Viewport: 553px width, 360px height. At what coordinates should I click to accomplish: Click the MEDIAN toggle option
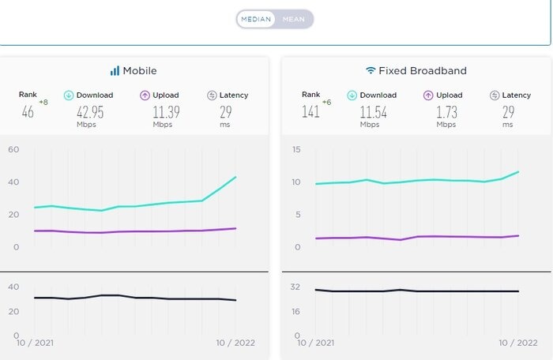coord(256,19)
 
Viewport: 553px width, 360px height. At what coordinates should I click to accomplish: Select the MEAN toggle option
coord(295,19)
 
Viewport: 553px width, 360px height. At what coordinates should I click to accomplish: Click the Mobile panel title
coord(139,70)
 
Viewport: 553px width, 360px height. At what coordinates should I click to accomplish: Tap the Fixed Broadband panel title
coord(422,70)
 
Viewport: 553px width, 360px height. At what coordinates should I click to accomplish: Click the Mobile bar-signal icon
coord(115,70)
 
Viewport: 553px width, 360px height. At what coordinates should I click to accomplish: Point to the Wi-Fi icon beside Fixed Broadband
coord(370,70)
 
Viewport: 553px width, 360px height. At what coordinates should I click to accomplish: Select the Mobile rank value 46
coord(28,111)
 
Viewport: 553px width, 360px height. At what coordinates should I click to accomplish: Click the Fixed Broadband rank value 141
coord(310,111)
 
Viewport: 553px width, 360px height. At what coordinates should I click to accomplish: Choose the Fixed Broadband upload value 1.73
coord(446,111)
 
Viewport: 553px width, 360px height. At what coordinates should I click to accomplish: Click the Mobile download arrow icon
coord(69,96)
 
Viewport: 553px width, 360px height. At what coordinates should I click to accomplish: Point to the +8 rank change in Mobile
coord(43,102)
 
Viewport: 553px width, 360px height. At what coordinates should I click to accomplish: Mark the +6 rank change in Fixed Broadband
coord(325,102)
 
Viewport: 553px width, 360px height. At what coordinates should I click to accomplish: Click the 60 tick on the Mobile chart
coord(13,149)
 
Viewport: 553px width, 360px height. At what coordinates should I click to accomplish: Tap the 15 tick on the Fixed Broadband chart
coord(295,149)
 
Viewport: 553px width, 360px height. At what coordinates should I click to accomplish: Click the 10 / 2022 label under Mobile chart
coord(235,343)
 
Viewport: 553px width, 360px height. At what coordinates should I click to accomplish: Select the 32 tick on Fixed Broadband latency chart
coord(295,287)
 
